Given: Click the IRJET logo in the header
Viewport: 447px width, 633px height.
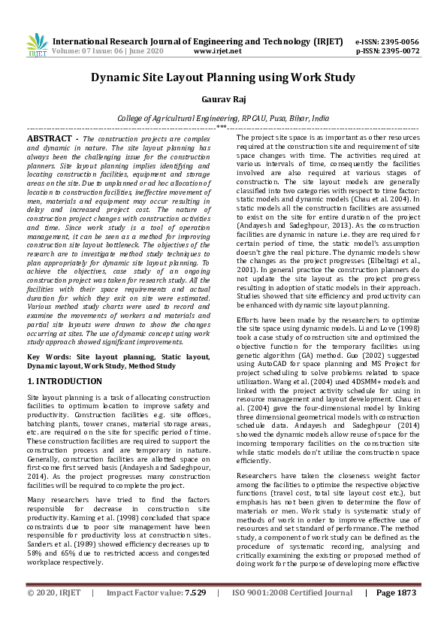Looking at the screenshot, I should [33, 46].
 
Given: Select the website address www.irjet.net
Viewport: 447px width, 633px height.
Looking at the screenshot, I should [217, 52].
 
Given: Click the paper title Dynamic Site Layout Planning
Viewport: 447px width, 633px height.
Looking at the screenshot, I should [222, 77].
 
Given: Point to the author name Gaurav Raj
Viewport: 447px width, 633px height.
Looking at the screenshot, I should [223, 99].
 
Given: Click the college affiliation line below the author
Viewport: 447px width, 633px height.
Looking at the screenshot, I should [223, 119].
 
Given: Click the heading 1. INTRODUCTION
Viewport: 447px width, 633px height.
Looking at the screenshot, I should [65, 382].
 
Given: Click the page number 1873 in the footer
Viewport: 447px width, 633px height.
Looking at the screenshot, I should [406, 614].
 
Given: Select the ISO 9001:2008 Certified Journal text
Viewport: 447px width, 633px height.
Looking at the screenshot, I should [291, 614].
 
